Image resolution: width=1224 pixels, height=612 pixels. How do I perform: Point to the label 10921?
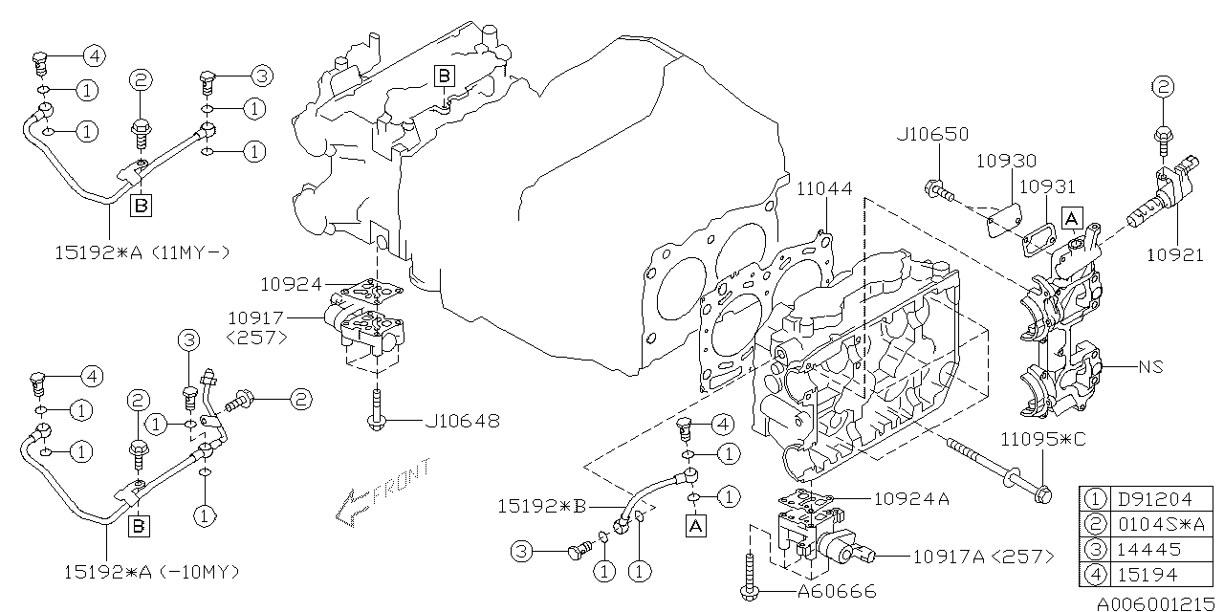pos(1175,255)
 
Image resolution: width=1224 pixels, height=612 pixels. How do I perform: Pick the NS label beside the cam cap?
pos(1149,366)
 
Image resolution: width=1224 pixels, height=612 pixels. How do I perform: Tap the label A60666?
pos(836,592)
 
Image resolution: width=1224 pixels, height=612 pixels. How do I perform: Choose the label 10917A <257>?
pos(984,556)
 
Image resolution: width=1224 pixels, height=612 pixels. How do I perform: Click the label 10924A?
pos(910,497)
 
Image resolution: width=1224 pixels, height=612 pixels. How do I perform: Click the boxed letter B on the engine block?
pos(444,75)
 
